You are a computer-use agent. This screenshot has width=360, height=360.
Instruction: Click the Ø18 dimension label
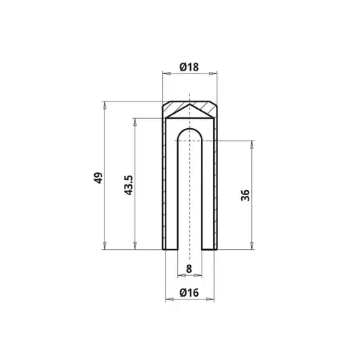coord(189,67)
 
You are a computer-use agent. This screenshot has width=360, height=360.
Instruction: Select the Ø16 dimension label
coord(189,292)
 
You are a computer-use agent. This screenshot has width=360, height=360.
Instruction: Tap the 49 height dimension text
coord(98,178)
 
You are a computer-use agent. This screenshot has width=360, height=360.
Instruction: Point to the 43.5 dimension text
coord(128,185)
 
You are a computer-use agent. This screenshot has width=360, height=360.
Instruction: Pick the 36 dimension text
coord(246,195)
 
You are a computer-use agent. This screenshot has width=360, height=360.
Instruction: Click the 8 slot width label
coord(189,269)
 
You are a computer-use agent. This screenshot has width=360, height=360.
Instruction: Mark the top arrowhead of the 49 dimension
coord(104,105)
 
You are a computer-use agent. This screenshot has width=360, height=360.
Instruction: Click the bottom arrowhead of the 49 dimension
coord(104,246)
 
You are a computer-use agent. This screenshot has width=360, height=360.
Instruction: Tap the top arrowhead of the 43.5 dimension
coord(135,122)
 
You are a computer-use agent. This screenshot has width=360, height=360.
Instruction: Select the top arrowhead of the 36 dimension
coord(251,145)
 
